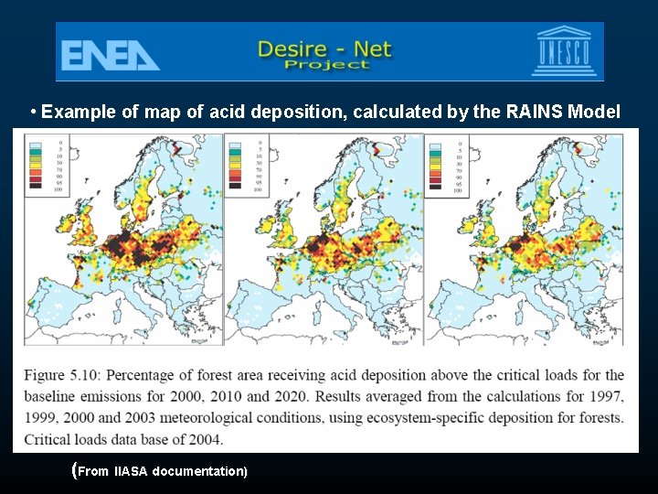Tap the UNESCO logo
[562, 51]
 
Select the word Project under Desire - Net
[327, 64]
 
